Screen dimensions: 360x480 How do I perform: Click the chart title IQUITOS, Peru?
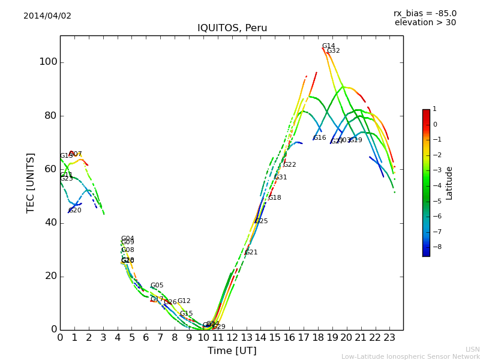click(232, 28)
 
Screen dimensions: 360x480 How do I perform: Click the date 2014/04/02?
click(47, 16)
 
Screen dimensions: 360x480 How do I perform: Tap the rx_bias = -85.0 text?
click(425, 13)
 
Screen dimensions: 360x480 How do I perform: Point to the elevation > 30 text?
click(425, 23)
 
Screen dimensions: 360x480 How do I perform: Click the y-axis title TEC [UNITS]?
click(31, 183)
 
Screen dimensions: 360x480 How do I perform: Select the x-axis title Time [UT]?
click(232, 351)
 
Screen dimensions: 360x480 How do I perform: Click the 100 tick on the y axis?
click(48, 62)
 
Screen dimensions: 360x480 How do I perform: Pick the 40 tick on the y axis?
click(50, 223)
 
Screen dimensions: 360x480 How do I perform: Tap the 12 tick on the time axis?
click(232, 338)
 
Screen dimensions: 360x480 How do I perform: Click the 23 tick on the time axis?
click(389, 338)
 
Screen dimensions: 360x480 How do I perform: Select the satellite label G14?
click(328, 46)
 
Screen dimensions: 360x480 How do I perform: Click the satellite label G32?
click(333, 51)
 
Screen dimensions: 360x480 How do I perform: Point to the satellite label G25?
click(261, 221)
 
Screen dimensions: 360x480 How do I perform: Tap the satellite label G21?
click(251, 253)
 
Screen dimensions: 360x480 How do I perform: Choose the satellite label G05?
click(157, 286)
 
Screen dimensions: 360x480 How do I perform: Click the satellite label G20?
click(74, 211)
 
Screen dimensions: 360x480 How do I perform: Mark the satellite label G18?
click(274, 198)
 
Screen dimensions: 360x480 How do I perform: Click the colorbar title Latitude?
click(449, 183)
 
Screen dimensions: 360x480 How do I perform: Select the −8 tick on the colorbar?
click(435, 246)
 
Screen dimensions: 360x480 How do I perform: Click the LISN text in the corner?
click(472, 349)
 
